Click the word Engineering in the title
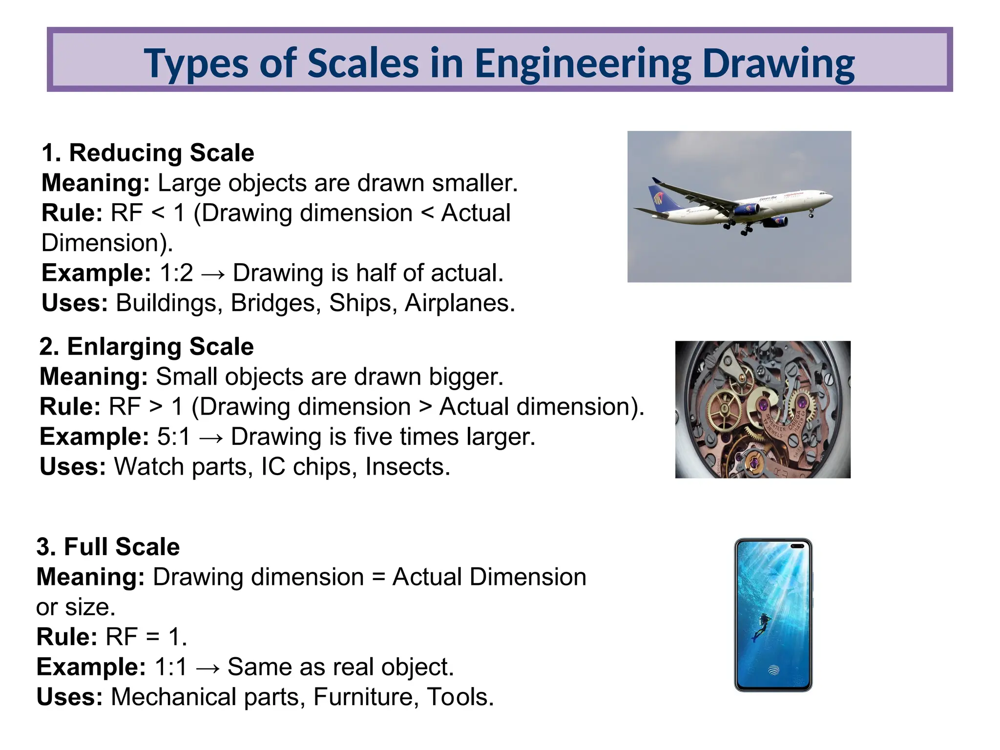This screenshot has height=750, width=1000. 583,63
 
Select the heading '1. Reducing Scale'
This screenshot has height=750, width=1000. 148,153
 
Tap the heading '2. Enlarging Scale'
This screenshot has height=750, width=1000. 146,347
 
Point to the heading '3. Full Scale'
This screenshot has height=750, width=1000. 108,547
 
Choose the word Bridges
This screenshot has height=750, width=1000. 275,303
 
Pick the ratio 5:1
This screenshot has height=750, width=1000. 174,437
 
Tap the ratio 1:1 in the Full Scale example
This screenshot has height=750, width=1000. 171,667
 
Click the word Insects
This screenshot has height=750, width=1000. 407,467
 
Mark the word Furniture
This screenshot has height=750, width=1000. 366,697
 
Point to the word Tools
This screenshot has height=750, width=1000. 460,697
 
